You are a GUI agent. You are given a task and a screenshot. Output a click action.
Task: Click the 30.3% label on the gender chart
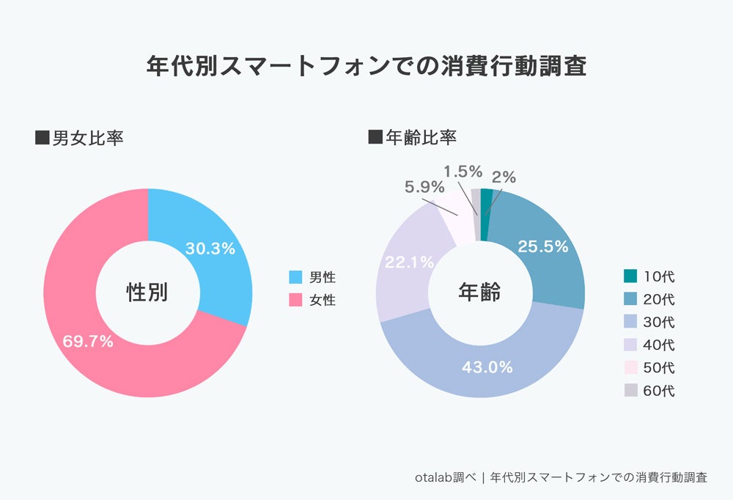click(x=210, y=249)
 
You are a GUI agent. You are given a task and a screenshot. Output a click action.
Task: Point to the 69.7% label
click(x=87, y=341)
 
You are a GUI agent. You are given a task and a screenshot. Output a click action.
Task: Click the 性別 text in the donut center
click(x=147, y=293)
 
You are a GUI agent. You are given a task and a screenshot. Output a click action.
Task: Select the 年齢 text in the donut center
click(x=479, y=293)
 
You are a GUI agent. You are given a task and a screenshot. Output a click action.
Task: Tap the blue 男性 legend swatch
click(x=295, y=277)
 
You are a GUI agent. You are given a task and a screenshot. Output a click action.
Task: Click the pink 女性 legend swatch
click(x=295, y=299)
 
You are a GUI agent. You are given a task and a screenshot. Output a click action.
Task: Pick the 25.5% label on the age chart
click(x=543, y=246)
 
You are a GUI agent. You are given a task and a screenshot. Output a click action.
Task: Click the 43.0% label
click(x=487, y=367)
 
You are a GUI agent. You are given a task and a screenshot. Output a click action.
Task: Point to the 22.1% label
click(x=409, y=262)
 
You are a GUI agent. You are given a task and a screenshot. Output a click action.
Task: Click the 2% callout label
click(x=504, y=177)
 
